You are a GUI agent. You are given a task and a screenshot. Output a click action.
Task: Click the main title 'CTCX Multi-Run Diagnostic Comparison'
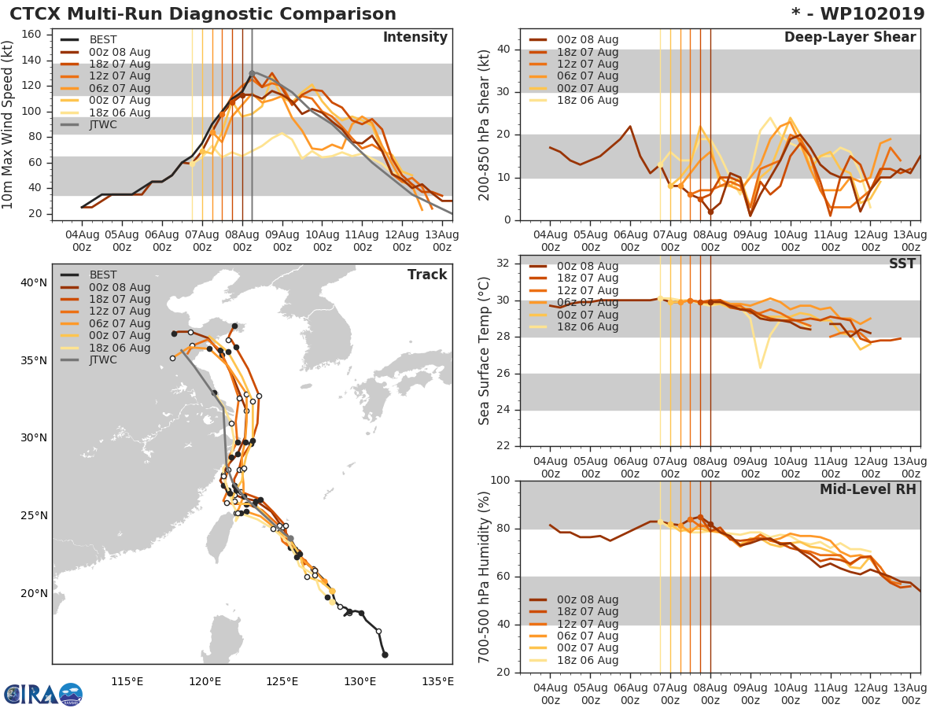coord(203,14)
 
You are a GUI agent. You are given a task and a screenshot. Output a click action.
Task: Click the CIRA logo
coord(42,694)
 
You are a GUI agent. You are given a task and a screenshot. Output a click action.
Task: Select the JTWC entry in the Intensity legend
coord(108,124)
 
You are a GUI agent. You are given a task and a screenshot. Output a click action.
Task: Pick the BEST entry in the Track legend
coord(102,275)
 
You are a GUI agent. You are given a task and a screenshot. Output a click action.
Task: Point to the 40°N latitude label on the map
coord(33,282)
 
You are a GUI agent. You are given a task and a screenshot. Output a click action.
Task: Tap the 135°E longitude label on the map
coord(437,681)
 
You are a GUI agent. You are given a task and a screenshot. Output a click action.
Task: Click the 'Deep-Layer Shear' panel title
coord(850,38)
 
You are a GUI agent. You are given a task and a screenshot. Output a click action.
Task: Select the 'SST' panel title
coord(902,264)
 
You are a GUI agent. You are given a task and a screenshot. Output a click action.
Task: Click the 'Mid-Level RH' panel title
coord(868,489)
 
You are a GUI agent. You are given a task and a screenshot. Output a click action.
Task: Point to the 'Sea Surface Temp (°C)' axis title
coord(485,350)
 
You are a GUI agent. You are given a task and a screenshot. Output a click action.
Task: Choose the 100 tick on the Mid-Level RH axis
coord(502,480)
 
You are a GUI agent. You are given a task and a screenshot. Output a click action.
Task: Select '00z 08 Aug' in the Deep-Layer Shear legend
coord(587,39)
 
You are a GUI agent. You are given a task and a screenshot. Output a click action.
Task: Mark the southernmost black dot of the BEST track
coord(385,655)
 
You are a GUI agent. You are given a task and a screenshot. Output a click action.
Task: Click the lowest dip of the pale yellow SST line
coord(760,367)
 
